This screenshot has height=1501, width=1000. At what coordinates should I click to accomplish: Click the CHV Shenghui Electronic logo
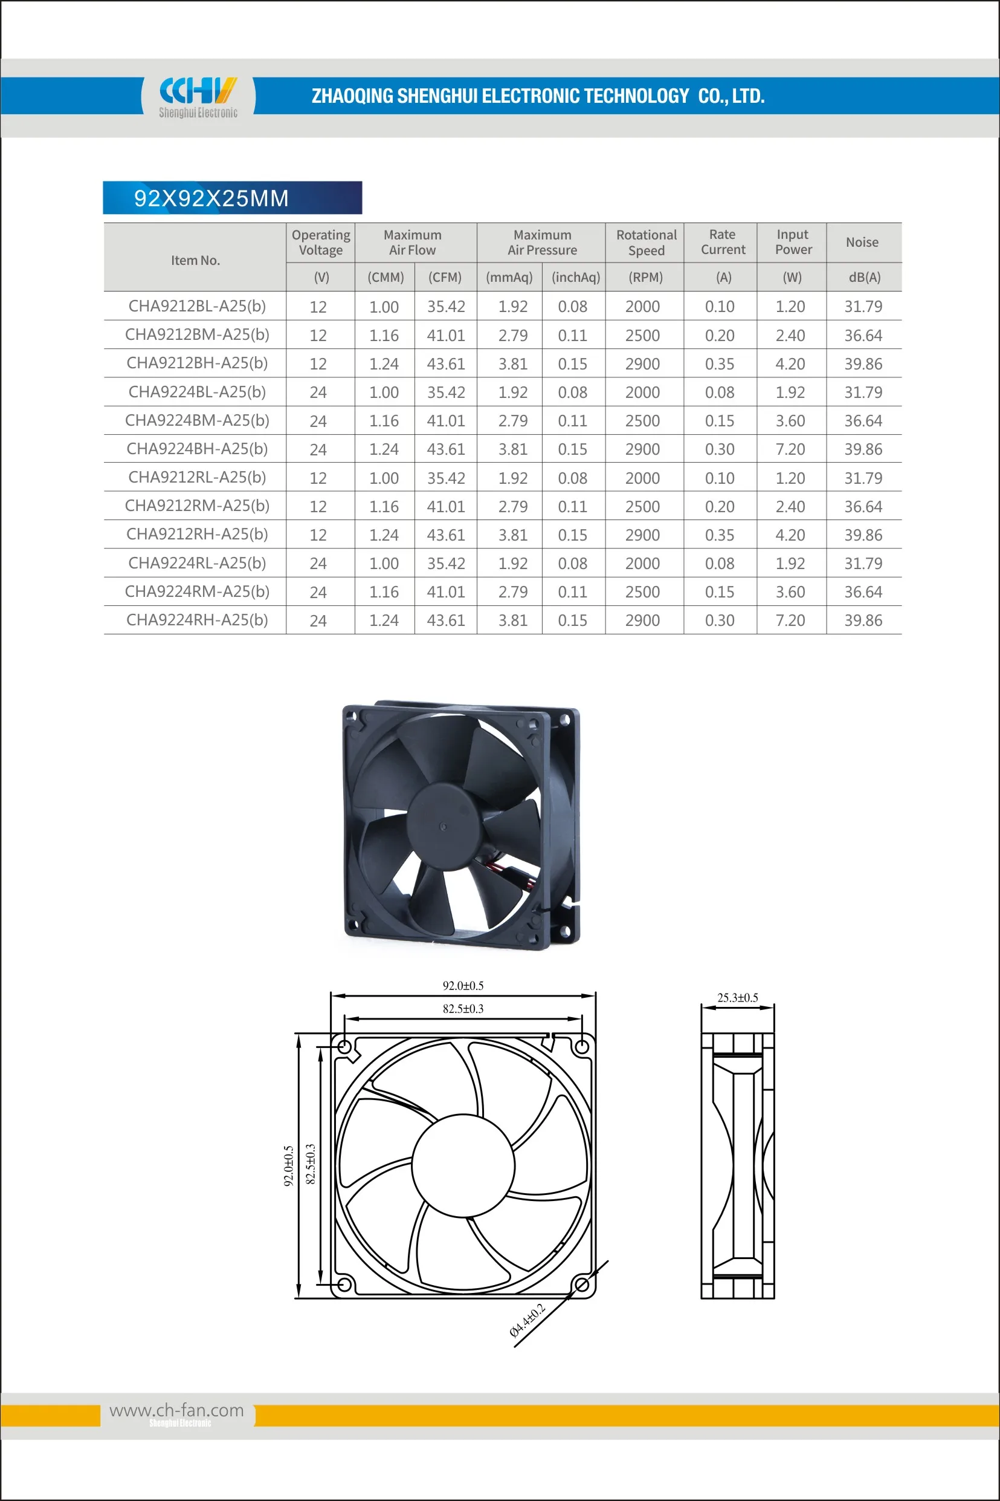coord(198,96)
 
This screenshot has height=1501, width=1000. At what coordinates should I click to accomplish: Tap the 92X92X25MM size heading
coord(211,198)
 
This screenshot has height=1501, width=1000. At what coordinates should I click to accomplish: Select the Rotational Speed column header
coord(645,243)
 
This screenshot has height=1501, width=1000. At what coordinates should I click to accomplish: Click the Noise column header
coord(862,243)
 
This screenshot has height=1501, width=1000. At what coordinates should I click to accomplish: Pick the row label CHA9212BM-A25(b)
coord(197,334)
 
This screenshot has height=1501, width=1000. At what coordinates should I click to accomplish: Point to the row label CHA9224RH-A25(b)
coord(197,620)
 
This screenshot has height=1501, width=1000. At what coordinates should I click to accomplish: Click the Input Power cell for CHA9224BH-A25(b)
coord(790,449)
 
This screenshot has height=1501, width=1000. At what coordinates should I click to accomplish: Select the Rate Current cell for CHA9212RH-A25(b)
coord(720,535)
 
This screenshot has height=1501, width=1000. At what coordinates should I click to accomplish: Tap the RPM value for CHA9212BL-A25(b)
coord(642,307)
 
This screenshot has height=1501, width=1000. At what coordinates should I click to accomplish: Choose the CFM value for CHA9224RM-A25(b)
coord(446,591)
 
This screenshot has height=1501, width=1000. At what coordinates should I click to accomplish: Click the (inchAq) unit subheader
coord(575,277)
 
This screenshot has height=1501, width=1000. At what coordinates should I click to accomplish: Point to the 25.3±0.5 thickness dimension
coord(737,997)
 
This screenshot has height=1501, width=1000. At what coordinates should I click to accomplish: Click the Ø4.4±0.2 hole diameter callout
coord(527,1320)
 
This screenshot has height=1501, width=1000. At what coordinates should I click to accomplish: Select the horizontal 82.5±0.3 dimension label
coord(463,1008)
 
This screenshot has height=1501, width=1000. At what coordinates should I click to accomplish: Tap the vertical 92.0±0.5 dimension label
coord(288,1165)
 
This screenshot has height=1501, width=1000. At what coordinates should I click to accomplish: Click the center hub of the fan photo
coord(444,827)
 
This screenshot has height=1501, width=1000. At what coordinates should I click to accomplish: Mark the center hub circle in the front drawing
coord(463,1165)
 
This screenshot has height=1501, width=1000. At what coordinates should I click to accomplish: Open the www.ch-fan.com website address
coord(176,1410)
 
